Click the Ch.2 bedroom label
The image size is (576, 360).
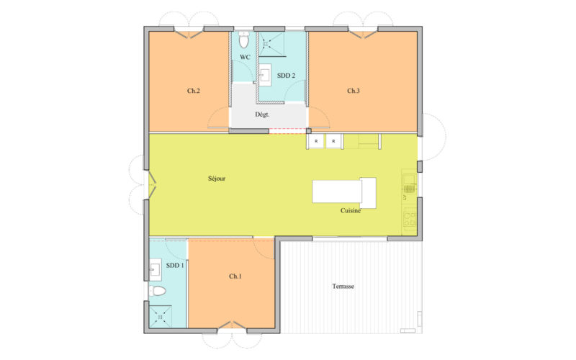193,91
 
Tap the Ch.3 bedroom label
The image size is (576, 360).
353,91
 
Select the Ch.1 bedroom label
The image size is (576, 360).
235,276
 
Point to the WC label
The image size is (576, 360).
245,57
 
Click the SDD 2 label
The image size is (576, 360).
286,75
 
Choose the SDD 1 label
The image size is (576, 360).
175,266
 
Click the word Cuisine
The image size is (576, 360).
351,210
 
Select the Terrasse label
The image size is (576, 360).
343,286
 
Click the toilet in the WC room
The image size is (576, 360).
243,40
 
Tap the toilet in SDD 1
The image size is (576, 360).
158,292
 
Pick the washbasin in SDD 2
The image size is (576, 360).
264,73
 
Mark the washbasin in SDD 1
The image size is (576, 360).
156,269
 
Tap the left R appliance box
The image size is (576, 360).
317,141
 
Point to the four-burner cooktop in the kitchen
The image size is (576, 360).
410,220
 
